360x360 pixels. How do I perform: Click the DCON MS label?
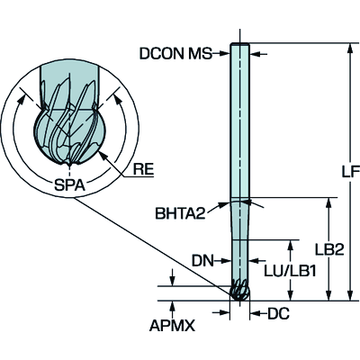(x=175, y=54)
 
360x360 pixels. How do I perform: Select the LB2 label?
(x=329, y=249)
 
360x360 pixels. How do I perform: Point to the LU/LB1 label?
(x=290, y=272)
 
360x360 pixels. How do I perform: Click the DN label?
(x=202, y=261)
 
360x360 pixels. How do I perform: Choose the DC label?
(x=278, y=314)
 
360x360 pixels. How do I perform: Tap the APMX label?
(x=172, y=326)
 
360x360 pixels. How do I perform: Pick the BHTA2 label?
(x=180, y=214)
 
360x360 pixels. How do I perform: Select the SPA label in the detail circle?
(x=69, y=185)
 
